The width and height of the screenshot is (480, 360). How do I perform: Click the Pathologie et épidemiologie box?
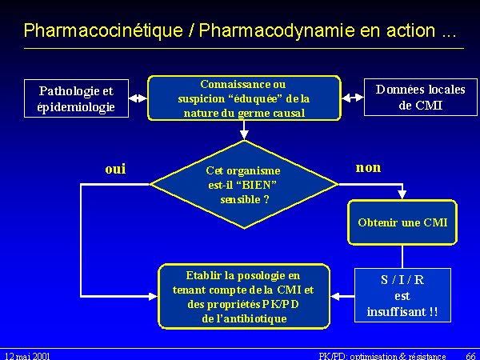(77, 98)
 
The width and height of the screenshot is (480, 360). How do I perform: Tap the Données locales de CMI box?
(409, 98)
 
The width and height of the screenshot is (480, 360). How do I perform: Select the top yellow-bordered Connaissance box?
(244, 98)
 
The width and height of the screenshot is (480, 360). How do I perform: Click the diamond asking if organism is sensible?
(244, 185)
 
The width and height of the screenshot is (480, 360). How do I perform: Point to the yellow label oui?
(116, 169)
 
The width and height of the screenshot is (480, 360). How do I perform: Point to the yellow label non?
(368, 168)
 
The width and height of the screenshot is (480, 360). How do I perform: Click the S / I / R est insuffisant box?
(402, 294)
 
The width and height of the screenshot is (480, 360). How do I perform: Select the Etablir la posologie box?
(244, 295)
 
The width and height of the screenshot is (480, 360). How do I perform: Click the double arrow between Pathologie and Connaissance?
(138, 98)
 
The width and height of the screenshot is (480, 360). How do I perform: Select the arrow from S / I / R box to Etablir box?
(342, 296)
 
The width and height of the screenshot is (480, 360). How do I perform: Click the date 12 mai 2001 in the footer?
(27, 354)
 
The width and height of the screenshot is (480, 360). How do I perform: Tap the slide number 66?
(470, 354)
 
